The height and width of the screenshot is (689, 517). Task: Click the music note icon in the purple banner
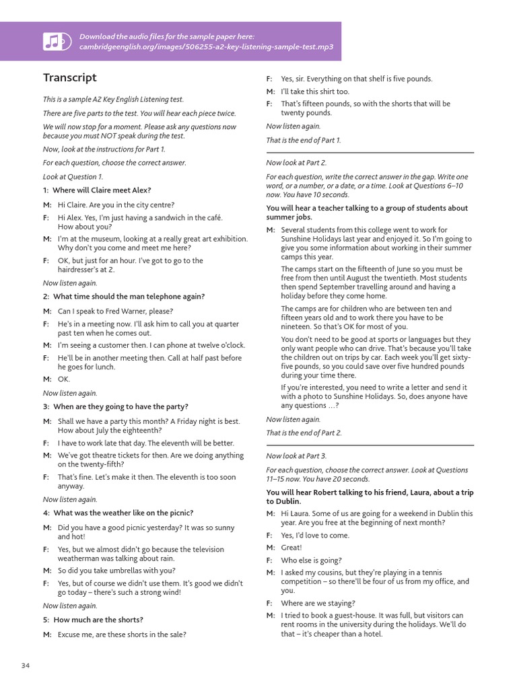click(x=55, y=42)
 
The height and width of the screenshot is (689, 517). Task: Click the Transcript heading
click(x=70, y=78)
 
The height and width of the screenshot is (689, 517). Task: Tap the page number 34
click(x=26, y=665)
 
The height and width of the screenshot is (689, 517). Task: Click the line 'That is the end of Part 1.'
click(x=304, y=141)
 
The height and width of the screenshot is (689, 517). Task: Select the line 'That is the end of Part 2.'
click(x=304, y=433)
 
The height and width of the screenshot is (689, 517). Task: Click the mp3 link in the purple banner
click(x=206, y=47)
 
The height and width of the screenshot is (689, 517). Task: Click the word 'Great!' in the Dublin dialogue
click(x=291, y=548)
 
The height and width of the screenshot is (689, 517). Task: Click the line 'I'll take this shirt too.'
click(x=315, y=92)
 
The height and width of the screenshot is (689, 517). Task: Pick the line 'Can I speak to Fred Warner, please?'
click(x=115, y=312)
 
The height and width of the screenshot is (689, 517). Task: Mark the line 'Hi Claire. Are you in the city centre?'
click(x=116, y=205)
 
